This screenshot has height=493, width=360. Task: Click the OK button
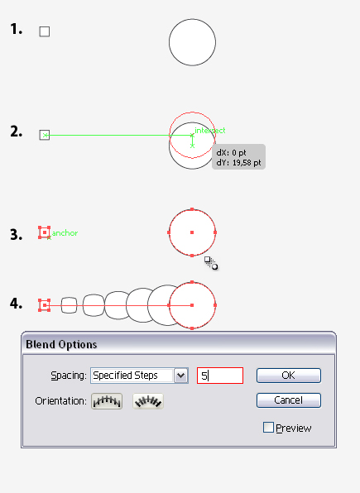(289, 376)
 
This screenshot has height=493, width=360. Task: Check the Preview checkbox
(268, 428)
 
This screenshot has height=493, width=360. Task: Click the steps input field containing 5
(220, 376)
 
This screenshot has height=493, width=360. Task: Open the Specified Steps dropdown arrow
(181, 376)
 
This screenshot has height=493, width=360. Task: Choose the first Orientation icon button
(107, 401)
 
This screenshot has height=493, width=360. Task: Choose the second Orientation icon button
(148, 401)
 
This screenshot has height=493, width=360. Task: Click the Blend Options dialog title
(61, 345)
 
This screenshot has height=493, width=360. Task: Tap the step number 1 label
(17, 29)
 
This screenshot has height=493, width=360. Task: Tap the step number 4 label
(16, 304)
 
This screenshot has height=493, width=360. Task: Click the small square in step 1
(45, 31)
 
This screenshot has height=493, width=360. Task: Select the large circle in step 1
(192, 42)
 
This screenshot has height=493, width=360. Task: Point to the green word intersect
(210, 130)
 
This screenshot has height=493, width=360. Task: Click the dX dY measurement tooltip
(238, 157)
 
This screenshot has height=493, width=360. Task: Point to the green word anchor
(65, 233)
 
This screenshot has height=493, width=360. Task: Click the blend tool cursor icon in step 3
(211, 263)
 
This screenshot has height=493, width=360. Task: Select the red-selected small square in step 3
(45, 232)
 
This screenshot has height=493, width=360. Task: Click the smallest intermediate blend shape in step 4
(69, 305)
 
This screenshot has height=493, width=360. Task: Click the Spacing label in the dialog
(69, 376)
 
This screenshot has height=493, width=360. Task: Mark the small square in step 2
(45, 135)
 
